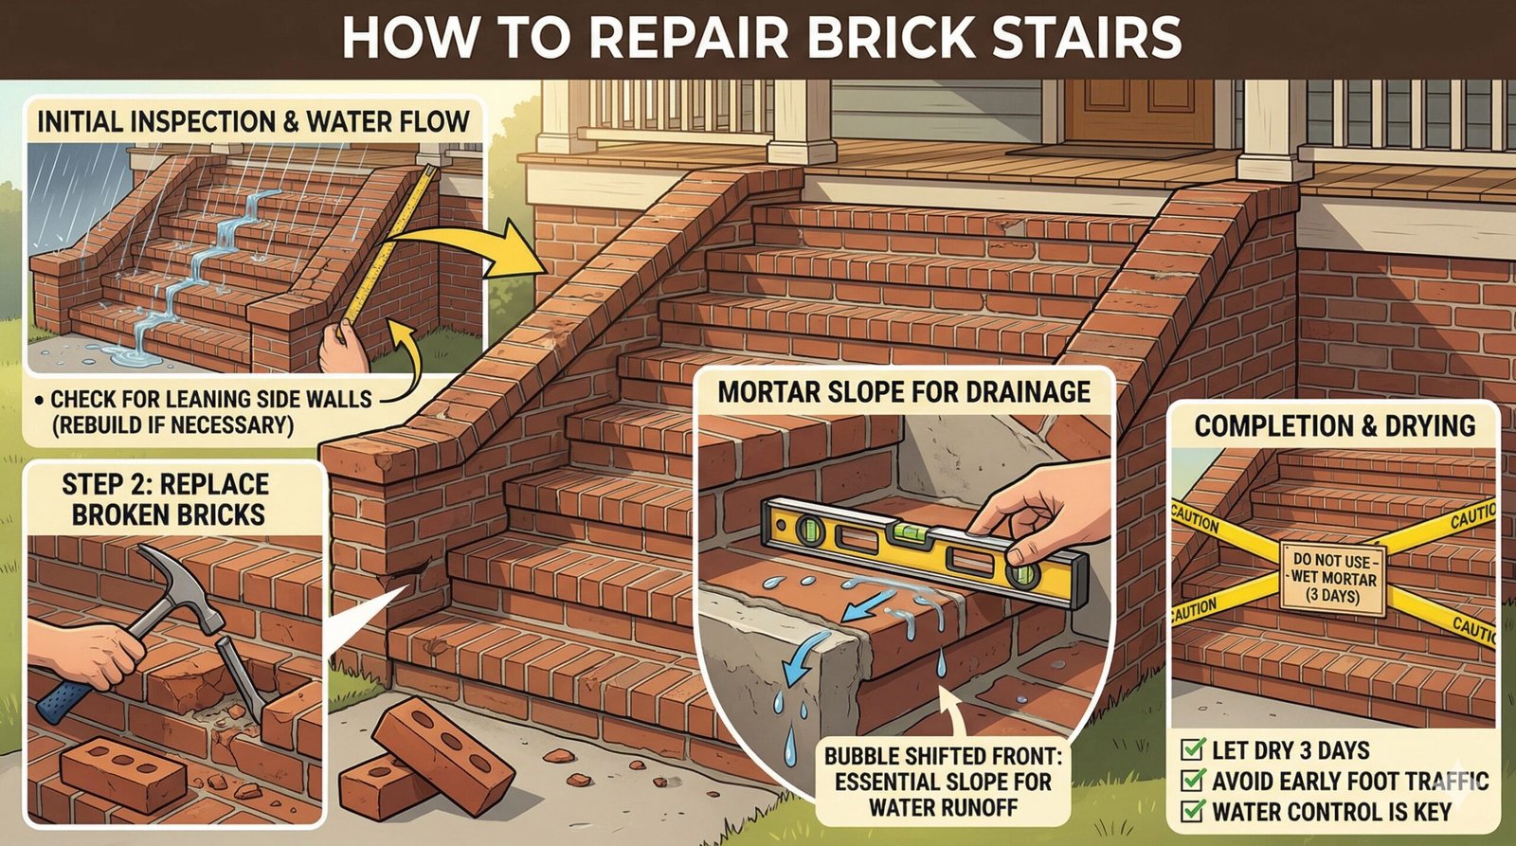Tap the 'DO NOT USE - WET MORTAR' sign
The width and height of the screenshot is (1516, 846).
click(x=1332, y=577)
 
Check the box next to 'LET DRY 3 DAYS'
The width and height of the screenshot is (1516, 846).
click(x=1193, y=751)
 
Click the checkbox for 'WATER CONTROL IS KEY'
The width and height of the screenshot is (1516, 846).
click(x=1193, y=812)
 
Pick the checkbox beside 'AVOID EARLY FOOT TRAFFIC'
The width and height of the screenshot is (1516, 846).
click(x=1193, y=782)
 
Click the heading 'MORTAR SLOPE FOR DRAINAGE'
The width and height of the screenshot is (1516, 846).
click(x=904, y=392)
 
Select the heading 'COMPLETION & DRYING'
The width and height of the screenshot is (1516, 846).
click(x=1334, y=426)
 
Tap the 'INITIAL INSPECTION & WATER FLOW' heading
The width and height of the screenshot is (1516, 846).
click(x=253, y=122)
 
